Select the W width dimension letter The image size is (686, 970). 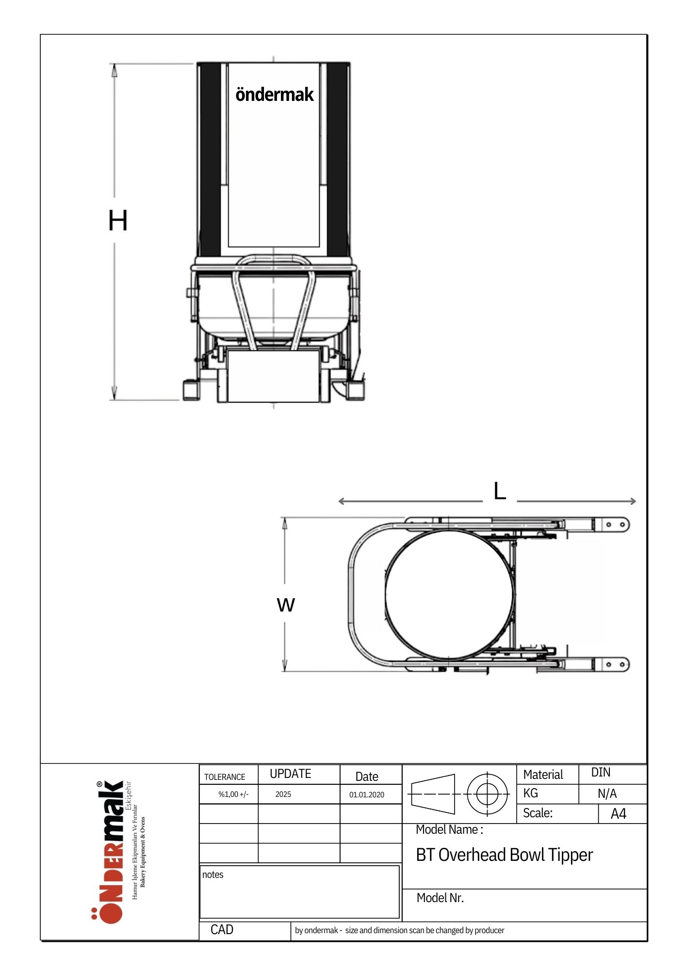click(286, 605)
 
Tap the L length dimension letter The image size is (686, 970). click(500, 491)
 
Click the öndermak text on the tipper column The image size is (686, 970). click(275, 94)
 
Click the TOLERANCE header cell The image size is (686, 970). click(225, 777)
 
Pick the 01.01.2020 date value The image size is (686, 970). click(367, 794)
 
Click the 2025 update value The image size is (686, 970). click(283, 794)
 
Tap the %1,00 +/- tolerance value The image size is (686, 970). click(233, 794)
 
